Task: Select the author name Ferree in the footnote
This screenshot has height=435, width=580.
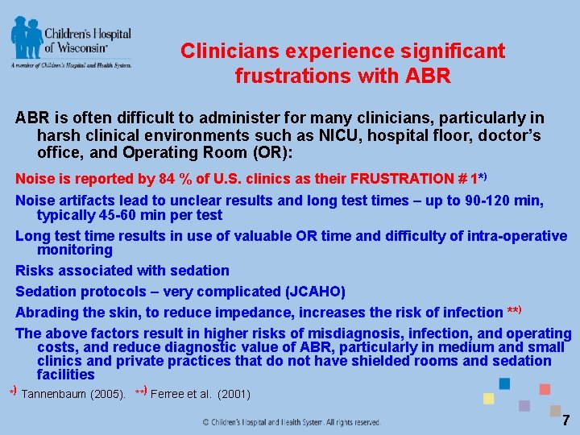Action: pyautogui.click(x=169, y=395)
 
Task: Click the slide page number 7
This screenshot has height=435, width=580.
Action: pyautogui.click(x=566, y=420)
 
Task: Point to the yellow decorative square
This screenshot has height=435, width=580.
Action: pyautogui.click(x=488, y=398)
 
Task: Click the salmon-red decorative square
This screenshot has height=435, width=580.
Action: pyautogui.click(x=545, y=389)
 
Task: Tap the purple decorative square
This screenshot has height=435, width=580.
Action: pyautogui.click(x=524, y=405)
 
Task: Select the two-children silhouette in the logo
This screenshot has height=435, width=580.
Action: pyautogui.click(x=27, y=38)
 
